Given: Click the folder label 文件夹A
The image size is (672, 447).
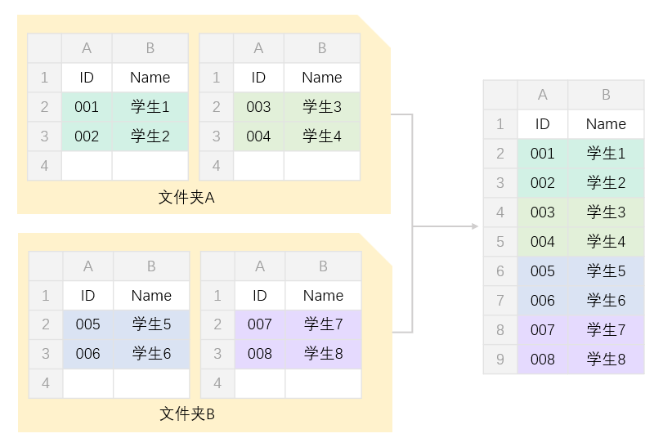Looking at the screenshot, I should click(x=186, y=197).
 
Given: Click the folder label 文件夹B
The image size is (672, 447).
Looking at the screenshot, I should click(x=186, y=414).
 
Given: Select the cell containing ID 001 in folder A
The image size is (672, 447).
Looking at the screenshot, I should click(x=87, y=107).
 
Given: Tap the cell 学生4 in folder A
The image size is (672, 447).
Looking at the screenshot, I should click(x=322, y=136).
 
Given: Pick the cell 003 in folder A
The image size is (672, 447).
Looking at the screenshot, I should click(x=258, y=107).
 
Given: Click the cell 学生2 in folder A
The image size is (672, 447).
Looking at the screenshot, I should click(x=150, y=136).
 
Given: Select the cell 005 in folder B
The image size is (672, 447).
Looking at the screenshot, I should click(x=87, y=324).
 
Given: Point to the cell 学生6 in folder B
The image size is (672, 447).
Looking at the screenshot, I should click(x=151, y=354).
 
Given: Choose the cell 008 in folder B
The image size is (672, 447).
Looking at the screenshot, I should click(x=259, y=354).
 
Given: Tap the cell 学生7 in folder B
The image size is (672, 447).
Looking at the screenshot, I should click(x=323, y=324).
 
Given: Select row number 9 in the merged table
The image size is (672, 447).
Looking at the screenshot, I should click(x=500, y=360).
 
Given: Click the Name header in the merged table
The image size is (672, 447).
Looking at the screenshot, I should click(x=606, y=124).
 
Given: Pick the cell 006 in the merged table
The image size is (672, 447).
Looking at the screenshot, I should click(x=542, y=301).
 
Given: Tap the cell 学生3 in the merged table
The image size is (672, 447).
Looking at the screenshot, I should click(x=606, y=212).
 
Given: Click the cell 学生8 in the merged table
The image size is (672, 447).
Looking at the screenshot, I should click(x=606, y=360).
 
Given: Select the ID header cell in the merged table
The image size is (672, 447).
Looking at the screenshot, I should click(x=542, y=124).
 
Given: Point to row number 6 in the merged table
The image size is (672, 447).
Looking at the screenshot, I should click(x=500, y=271).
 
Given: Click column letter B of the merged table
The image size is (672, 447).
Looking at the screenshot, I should click(x=606, y=95).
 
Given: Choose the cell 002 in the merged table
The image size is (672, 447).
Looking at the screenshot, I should click(x=542, y=183).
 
